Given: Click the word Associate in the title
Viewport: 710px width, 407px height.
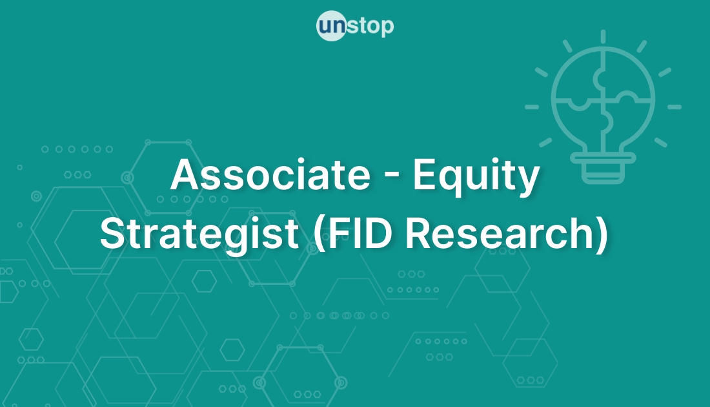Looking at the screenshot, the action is click(270, 174).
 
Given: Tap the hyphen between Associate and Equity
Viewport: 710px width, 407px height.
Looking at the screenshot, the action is click(392, 178).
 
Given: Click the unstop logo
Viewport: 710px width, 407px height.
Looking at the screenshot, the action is click(355, 26).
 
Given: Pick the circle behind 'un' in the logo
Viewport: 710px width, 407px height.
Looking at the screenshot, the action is click(332, 26).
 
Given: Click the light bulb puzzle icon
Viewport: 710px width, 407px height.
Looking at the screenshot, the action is click(603, 107).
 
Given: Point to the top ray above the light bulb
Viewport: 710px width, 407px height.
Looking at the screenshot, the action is click(603, 37).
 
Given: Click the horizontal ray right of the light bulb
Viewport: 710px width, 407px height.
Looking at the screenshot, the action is click(674, 107).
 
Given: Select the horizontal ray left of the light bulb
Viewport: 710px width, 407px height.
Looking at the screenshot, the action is click(532, 107).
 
